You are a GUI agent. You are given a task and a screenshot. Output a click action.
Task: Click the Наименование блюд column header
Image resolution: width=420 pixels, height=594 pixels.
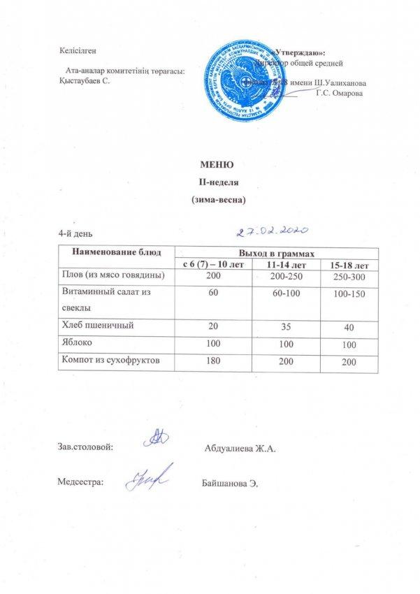pyautogui.click(x=115, y=251)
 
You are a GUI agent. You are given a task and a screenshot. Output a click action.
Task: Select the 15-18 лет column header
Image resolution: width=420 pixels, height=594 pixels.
pyautogui.click(x=349, y=266)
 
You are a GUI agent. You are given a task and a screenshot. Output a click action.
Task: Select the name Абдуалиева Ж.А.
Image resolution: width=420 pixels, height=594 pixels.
pyautogui.click(x=241, y=447)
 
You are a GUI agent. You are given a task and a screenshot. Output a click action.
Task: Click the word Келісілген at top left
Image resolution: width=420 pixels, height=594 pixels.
pyautogui.click(x=78, y=50)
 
